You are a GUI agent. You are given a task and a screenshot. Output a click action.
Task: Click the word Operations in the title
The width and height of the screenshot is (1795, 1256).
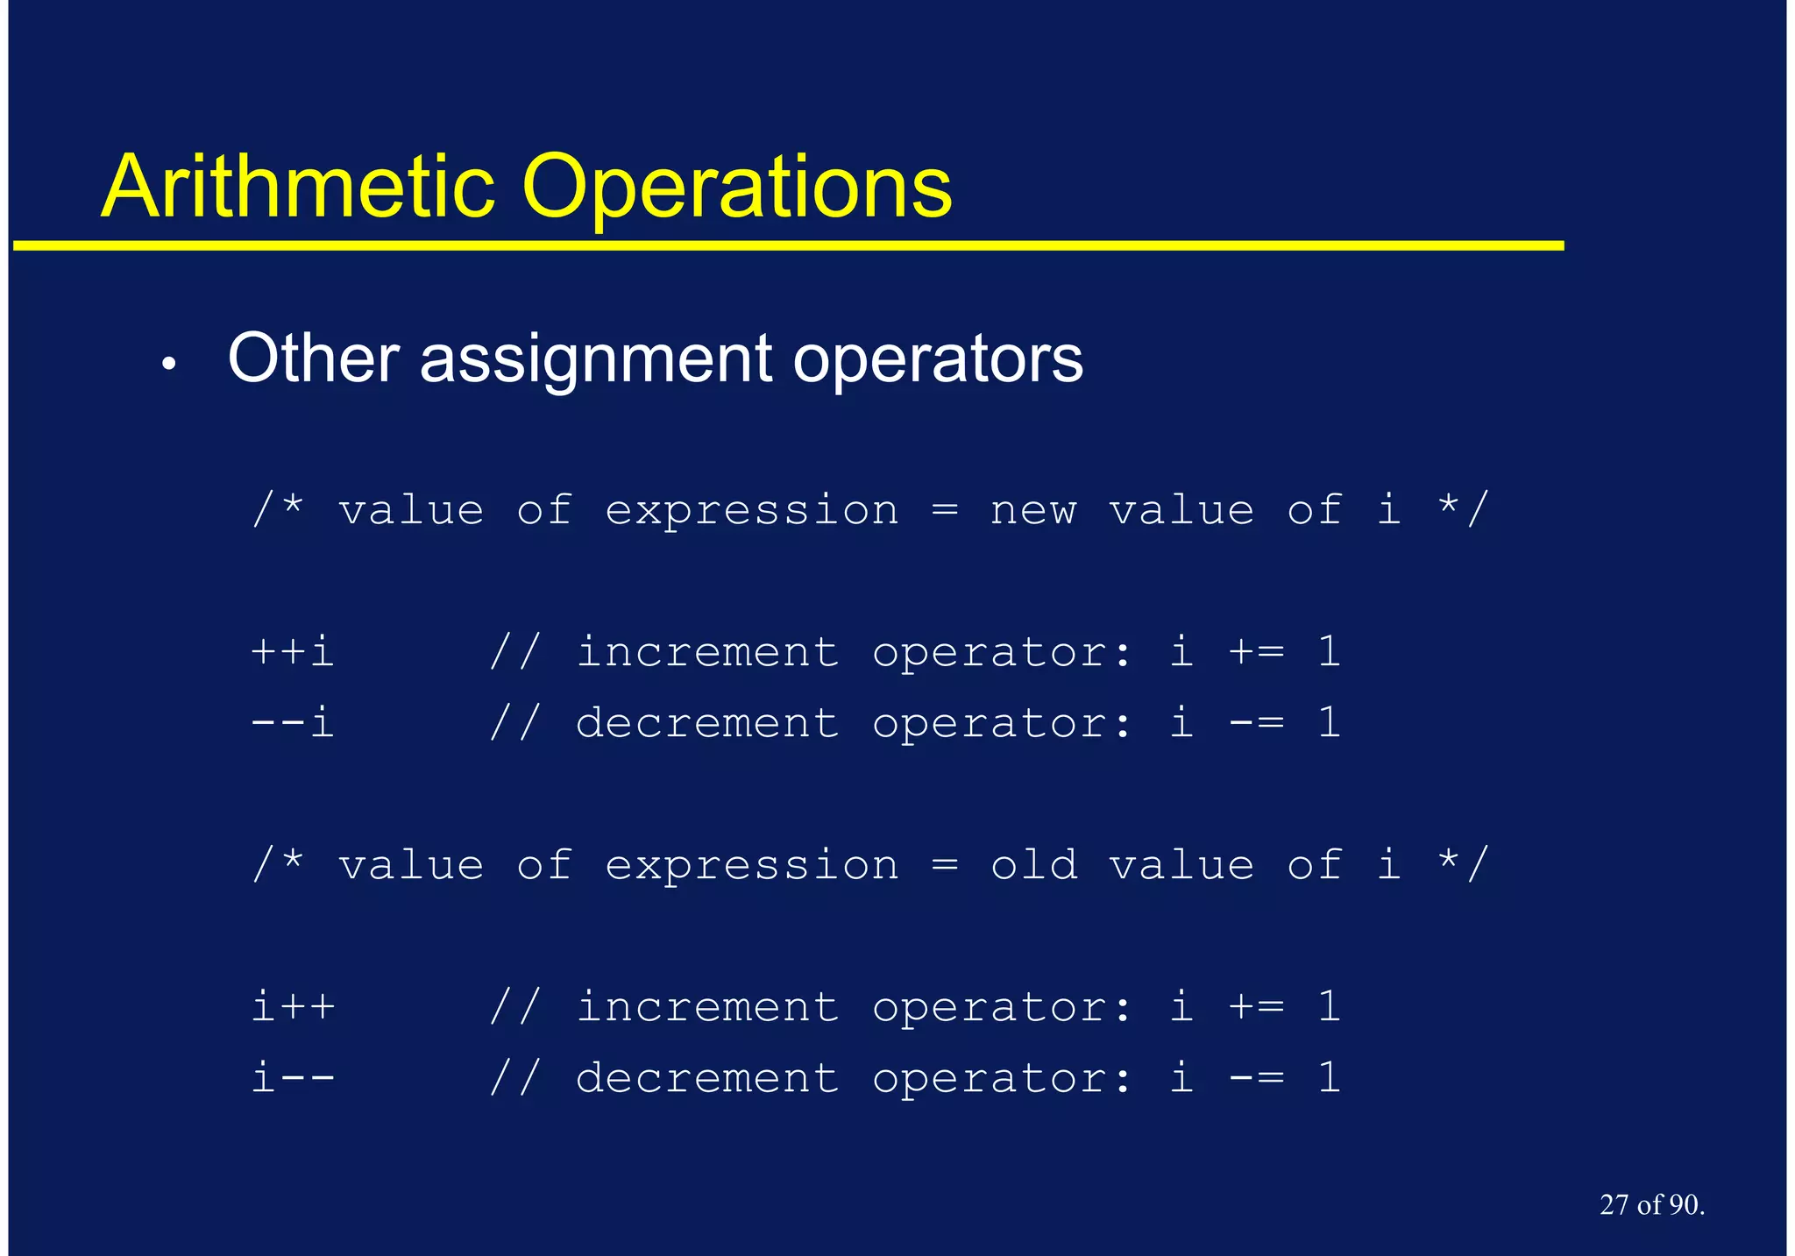pyautogui.click(x=736, y=188)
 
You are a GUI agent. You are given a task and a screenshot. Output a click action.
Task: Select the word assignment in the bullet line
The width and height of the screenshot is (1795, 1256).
pyautogui.click(x=596, y=360)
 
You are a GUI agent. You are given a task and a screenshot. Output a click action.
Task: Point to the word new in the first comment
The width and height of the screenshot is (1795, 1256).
pyautogui.click(x=1033, y=511)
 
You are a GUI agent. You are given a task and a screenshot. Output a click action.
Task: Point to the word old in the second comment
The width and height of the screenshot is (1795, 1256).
pyautogui.click(x=1033, y=865)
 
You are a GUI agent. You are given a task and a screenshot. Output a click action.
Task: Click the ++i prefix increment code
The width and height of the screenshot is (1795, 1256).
pyautogui.click(x=293, y=652)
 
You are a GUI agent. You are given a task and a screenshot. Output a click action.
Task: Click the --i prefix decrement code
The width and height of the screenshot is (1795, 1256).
pyautogui.click(x=293, y=723)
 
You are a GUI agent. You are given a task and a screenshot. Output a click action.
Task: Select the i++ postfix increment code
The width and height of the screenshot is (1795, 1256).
pyautogui.click(x=293, y=1006)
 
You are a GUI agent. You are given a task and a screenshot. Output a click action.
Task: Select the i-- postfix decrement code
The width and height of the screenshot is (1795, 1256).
pyautogui.click(x=293, y=1078)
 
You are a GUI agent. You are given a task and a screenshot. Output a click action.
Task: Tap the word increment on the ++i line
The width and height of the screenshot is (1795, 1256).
pyautogui.click(x=707, y=652)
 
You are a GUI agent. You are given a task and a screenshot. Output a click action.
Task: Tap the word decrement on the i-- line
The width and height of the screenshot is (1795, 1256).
pyautogui.click(x=707, y=1078)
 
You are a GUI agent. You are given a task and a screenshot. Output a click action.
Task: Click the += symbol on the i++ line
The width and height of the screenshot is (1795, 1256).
pyautogui.click(x=1256, y=1006)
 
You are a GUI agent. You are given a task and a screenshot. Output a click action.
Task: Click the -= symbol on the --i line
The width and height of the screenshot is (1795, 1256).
pyautogui.click(x=1256, y=723)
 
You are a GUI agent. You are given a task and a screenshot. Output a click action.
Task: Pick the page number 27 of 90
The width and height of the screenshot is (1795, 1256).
pyautogui.click(x=1651, y=1205)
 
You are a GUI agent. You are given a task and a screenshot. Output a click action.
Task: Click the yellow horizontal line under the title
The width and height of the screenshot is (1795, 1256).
pyautogui.click(x=789, y=246)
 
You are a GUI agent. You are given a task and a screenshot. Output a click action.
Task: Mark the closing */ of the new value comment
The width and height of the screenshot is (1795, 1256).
pyautogui.click(x=1463, y=509)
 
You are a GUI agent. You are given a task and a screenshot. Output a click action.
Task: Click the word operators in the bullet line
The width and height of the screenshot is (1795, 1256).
pyautogui.click(x=938, y=360)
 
